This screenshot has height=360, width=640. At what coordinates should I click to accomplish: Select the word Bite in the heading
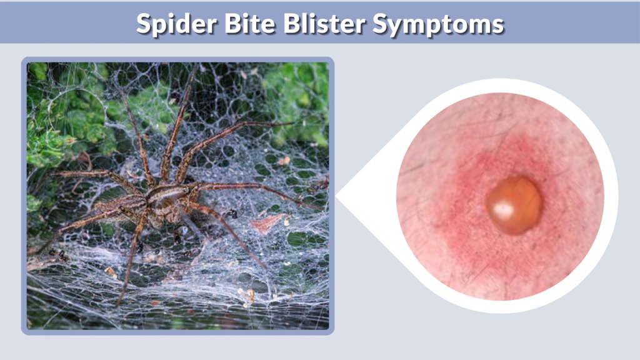236,24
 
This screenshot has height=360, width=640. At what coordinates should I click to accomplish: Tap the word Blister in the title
316,24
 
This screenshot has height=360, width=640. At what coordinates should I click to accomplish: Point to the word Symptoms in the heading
439,24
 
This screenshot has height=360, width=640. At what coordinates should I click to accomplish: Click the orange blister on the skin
514,204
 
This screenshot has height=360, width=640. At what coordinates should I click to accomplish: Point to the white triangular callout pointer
359,198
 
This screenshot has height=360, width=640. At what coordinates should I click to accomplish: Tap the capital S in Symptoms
382,24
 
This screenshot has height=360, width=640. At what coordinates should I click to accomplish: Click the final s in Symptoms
498,25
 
